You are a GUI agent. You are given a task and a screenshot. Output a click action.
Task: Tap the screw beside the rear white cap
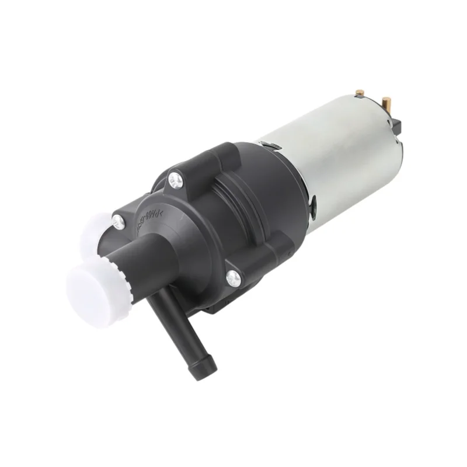coord(119,221)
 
